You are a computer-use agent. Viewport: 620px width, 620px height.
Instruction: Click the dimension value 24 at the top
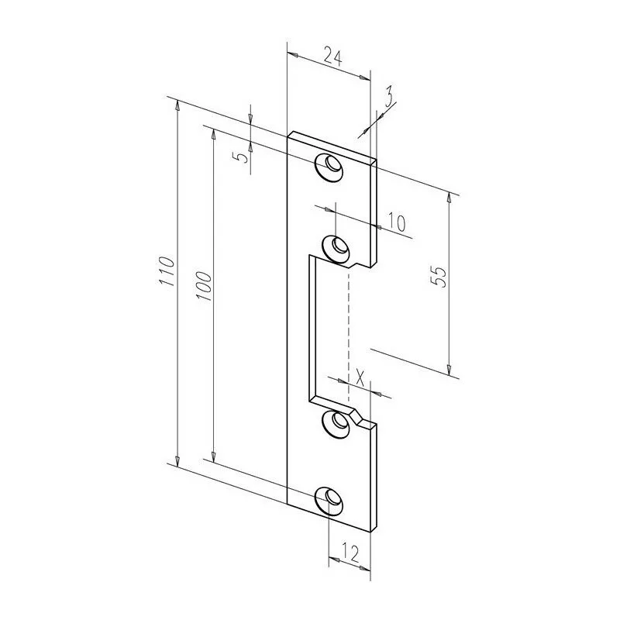[x=332, y=56]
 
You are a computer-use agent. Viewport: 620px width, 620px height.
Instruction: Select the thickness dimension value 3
[x=388, y=96]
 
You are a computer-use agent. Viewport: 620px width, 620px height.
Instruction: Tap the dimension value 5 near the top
[x=243, y=157]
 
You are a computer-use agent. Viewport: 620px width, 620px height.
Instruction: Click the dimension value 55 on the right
[x=438, y=277]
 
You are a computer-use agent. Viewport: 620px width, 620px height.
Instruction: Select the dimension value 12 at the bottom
[x=350, y=553]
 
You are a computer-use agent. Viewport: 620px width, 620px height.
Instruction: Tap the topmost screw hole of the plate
[x=331, y=167]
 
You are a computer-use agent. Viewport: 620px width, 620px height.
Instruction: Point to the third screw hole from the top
[x=337, y=423]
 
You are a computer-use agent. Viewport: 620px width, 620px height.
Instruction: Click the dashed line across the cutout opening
[x=350, y=333]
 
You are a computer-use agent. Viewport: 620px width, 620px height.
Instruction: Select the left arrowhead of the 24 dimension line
[x=290, y=53]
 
